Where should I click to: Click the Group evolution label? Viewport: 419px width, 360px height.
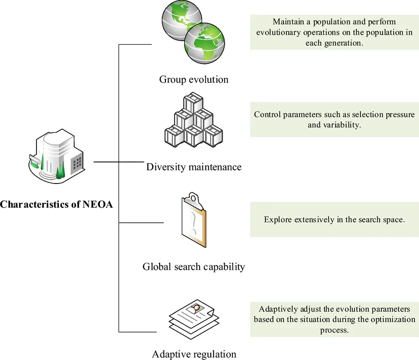tap(194, 79)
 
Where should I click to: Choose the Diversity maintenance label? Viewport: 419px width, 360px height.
tap(194, 167)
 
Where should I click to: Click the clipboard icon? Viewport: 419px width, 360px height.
tap(194, 222)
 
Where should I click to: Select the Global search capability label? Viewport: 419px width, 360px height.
tap(194, 267)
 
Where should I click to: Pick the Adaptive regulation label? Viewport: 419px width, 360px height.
tap(194, 354)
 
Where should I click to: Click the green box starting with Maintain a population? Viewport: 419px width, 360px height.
tap(334, 32)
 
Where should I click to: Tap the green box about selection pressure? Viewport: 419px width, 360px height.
tap(334, 120)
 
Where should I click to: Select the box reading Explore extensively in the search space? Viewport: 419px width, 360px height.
tap(334, 220)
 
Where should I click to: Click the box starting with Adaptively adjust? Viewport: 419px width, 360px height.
tap(334, 319)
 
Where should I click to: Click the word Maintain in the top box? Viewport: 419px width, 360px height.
tap(288, 22)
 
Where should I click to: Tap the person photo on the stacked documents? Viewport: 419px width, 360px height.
tap(197, 307)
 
